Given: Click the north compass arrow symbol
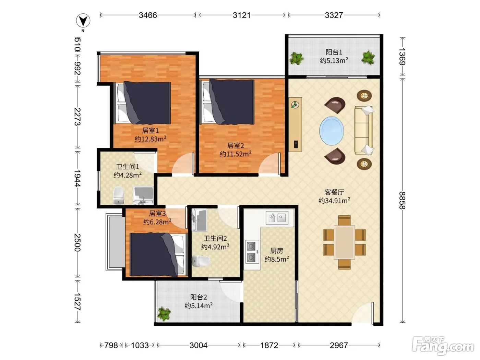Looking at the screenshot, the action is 83,21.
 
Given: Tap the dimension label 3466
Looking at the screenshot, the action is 148,15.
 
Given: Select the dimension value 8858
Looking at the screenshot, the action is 402,201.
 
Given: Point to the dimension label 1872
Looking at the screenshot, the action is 269,345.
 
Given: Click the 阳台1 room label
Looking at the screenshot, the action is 334,52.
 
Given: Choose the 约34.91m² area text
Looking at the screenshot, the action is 334,201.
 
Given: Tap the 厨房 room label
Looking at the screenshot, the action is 277,251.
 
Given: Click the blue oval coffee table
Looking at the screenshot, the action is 332,131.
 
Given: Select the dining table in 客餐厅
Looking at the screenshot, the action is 345,242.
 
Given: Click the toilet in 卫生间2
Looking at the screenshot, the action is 201,261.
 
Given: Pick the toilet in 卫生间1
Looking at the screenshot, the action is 119,195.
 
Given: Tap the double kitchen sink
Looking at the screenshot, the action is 277,218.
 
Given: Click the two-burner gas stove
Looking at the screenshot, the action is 252,252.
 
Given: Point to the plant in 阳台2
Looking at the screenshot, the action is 164,314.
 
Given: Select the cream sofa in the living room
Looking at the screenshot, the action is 363,130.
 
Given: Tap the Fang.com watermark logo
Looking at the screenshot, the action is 443,346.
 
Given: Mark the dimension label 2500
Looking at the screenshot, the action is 77,242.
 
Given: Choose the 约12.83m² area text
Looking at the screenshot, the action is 151,139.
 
